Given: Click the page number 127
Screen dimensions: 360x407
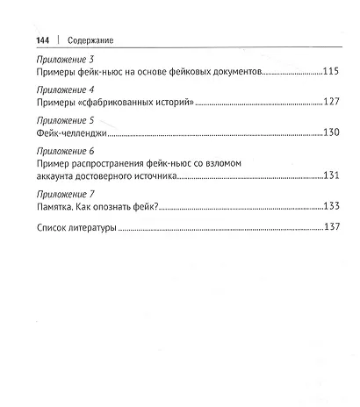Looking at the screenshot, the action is point(331,106).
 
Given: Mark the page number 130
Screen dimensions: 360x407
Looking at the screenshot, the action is point(331,136).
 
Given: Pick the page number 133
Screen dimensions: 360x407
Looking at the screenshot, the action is point(331,209).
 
